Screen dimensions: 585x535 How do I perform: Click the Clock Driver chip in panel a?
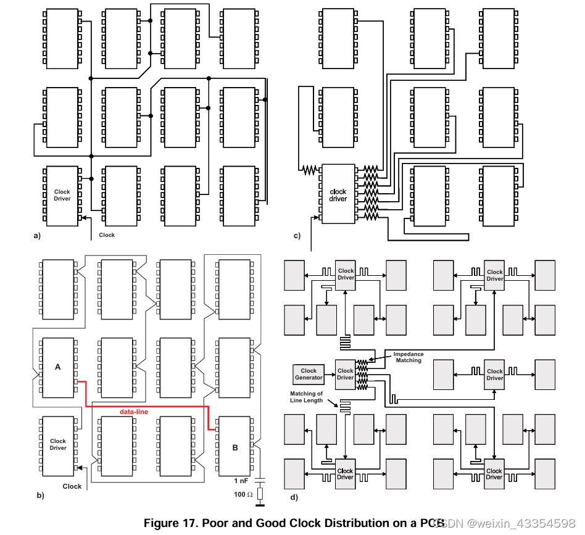tap(62, 196)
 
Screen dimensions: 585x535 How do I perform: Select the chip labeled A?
tap(57, 367)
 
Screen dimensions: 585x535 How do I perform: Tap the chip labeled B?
tap(235, 447)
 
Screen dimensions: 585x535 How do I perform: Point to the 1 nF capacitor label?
tap(241, 481)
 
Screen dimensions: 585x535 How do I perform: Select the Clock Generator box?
tap(309, 374)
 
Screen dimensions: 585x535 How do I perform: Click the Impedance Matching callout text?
tap(409, 357)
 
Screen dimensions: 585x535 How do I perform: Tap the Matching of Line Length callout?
tap(307, 397)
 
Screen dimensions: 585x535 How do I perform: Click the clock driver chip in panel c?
tap(338, 195)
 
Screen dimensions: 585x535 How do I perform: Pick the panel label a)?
tap(37, 236)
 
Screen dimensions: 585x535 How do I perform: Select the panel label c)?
tap(297, 236)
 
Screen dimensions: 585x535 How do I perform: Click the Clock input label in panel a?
tap(107, 235)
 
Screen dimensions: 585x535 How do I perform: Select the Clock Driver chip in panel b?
tap(58, 444)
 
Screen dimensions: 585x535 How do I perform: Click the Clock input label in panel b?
tap(72, 486)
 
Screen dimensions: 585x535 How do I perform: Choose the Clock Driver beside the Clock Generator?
tap(346, 374)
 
